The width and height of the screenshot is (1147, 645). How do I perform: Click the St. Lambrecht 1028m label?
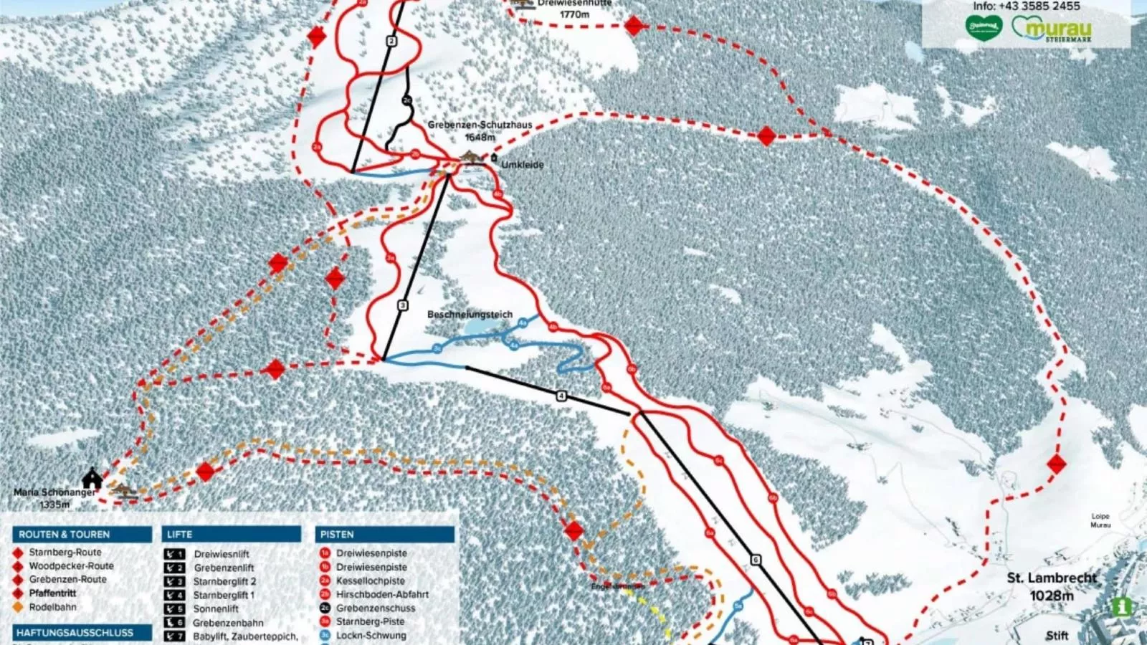[x=1052, y=586]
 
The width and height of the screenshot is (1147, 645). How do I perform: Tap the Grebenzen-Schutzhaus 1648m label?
[x=480, y=130]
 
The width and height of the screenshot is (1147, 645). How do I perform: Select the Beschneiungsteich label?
[x=470, y=315]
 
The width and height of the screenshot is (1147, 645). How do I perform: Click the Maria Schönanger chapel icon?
[x=92, y=477]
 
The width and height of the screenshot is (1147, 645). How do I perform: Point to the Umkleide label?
[x=522, y=165]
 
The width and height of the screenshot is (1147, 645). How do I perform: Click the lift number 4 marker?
[x=561, y=396]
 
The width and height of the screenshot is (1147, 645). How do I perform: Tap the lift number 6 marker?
[x=755, y=560]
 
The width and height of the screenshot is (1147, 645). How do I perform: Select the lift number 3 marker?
[x=403, y=305]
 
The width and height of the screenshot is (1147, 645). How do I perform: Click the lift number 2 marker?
[x=391, y=42]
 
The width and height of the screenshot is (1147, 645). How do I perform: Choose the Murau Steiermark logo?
[x=1052, y=29]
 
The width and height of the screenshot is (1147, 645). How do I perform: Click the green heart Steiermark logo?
[x=983, y=28]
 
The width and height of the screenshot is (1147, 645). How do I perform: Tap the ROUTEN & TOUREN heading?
[x=65, y=535]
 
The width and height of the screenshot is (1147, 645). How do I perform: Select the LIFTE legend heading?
[x=179, y=535]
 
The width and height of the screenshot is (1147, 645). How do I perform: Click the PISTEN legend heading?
[x=337, y=535]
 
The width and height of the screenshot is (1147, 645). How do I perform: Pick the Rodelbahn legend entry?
[x=52, y=607]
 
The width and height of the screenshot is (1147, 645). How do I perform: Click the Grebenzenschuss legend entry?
[x=376, y=608]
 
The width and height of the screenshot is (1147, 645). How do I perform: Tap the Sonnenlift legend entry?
[x=216, y=608]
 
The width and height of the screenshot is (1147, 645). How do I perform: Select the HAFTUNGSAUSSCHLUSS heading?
[x=75, y=633]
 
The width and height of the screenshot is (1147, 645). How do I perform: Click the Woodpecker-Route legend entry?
[x=71, y=565]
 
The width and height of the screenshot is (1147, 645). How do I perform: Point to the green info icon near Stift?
[x=1121, y=606]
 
